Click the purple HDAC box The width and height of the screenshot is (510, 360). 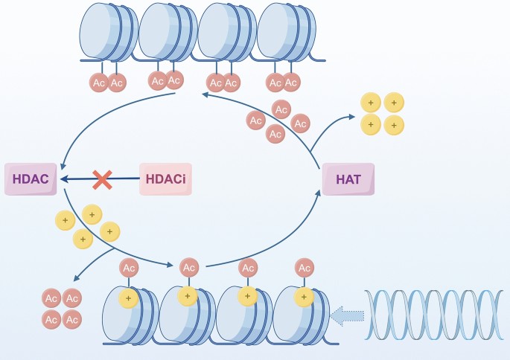(x=31, y=179)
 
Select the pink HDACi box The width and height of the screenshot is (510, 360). (x=165, y=179)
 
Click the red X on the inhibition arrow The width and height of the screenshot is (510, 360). (x=102, y=179)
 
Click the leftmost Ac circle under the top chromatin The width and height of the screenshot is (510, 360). (x=98, y=83)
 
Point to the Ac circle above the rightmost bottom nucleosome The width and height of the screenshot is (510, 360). (x=304, y=267)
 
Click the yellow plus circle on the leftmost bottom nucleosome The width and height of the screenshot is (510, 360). (x=129, y=298)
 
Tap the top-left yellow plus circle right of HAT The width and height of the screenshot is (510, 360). (x=370, y=103)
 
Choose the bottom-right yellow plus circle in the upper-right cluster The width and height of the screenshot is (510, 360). (x=394, y=124)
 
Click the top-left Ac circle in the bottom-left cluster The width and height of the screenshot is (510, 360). (x=51, y=299)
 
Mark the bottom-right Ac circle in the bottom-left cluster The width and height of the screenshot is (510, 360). (x=71, y=320)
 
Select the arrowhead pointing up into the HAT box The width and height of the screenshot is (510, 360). (x=320, y=193)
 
